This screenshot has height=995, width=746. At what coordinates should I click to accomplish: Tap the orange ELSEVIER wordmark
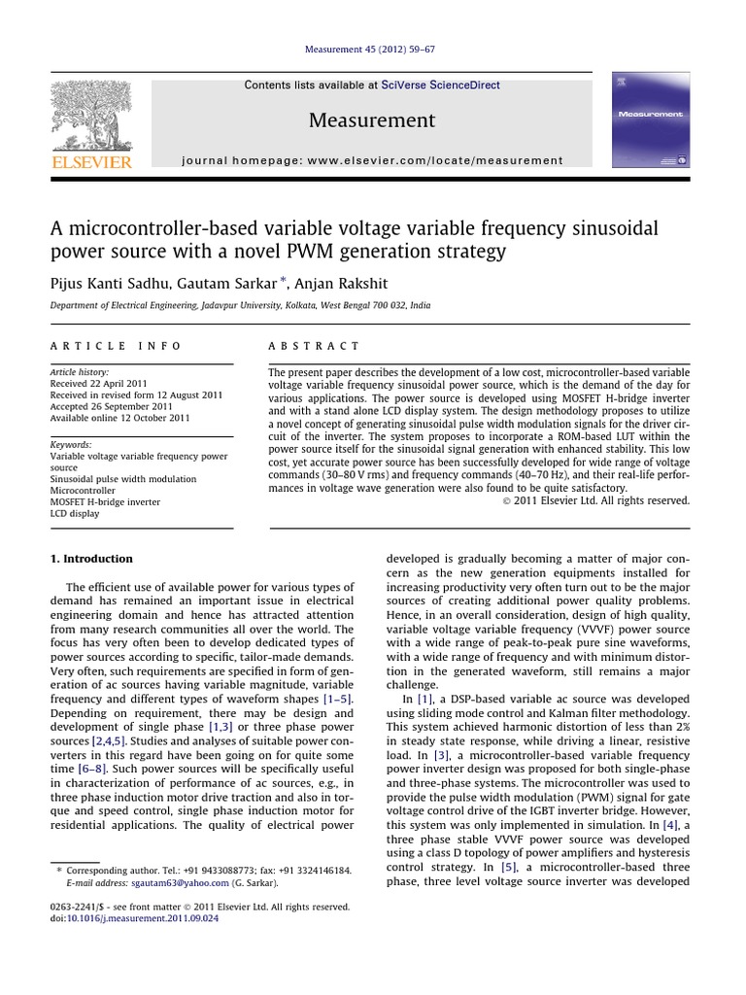pyautogui.click(x=90, y=162)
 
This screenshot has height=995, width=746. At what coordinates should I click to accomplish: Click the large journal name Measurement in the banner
pyautogui.click(x=372, y=120)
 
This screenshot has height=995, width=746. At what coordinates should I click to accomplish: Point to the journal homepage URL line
pyautogui.click(x=372, y=160)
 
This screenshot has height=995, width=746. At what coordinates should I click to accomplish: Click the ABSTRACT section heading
pyautogui.click(x=313, y=346)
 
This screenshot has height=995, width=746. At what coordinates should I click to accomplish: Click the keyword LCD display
pyautogui.click(x=75, y=514)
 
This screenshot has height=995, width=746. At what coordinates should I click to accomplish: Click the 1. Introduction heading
pyautogui.click(x=90, y=559)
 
